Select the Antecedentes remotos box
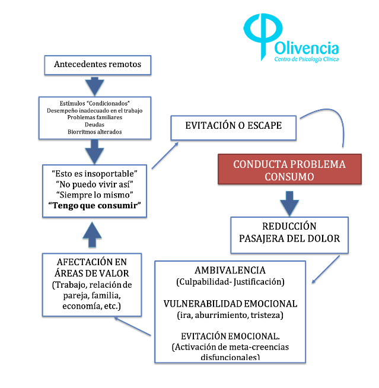click(98, 64)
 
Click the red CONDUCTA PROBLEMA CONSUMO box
click(289, 170)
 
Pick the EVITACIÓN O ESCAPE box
click(233, 126)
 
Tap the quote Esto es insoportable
click(95, 174)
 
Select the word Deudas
click(95, 125)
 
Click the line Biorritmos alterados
click(95, 132)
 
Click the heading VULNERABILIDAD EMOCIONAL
click(230, 303)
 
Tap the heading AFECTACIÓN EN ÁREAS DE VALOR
click(93, 268)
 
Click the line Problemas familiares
click(95, 117)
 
